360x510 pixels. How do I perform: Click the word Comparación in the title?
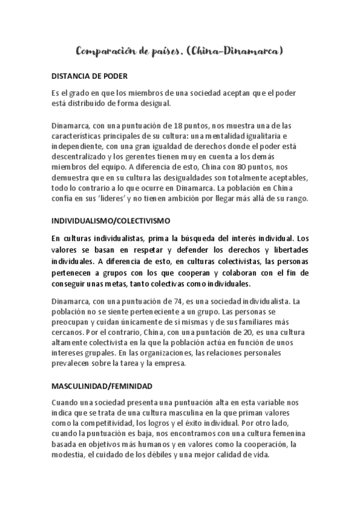click(x=108, y=52)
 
